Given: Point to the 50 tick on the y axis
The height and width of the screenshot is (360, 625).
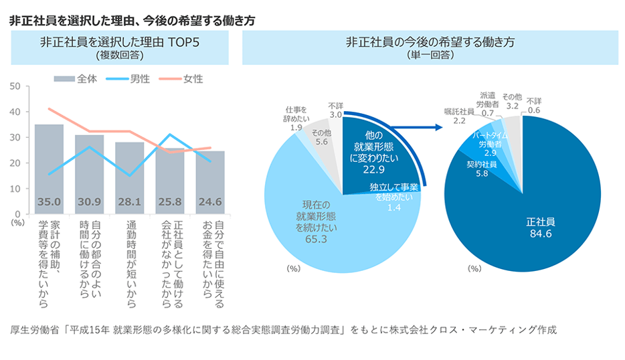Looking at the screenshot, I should tap(15, 86).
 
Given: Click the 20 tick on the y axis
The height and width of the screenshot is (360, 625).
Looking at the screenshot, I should tap(15, 163).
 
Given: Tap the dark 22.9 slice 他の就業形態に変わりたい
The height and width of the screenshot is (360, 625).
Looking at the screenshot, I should tap(374, 154).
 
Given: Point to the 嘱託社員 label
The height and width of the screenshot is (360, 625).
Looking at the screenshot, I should tap(458, 112).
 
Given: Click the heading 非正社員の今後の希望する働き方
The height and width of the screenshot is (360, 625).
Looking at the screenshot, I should tap(430, 42).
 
